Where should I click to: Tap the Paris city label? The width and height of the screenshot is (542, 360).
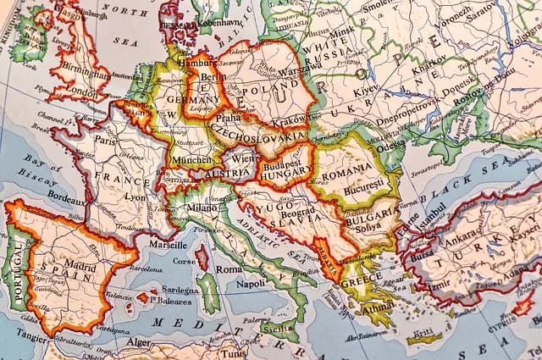(105, 141)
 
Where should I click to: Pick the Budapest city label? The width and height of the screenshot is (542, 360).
(285, 158)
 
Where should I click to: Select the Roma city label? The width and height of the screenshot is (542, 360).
(229, 269)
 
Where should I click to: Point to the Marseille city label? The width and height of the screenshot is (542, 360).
(169, 244)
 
